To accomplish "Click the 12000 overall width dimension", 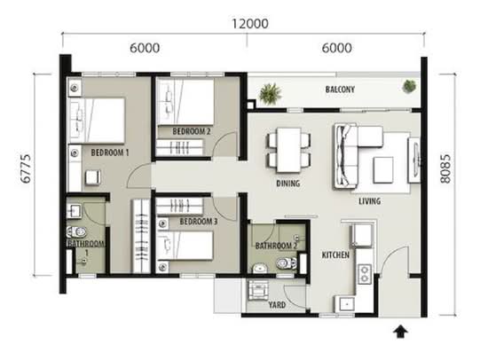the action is (x=250, y=24).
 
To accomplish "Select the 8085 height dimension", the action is (x=445, y=168).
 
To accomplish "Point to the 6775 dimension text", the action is (x=26, y=168).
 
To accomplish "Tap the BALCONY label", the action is (x=340, y=90).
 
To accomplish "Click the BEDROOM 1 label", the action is (x=109, y=153).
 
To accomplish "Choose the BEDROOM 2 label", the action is (x=192, y=131).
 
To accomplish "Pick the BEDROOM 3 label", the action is (x=199, y=222).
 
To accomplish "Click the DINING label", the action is (x=288, y=184).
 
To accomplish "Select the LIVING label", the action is (x=369, y=201).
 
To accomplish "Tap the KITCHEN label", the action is (x=335, y=255).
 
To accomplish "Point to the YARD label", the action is (x=277, y=305).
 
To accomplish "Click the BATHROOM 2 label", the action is (x=276, y=246).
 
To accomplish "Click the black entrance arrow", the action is (x=400, y=332).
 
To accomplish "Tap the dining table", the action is (x=289, y=150).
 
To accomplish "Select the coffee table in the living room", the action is (x=383, y=169).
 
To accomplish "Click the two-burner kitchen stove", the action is (x=365, y=274).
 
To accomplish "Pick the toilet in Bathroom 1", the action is (x=76, y=231).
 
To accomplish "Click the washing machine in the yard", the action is (x=258, y=290).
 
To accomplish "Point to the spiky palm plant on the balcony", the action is (x=271, y=93).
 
